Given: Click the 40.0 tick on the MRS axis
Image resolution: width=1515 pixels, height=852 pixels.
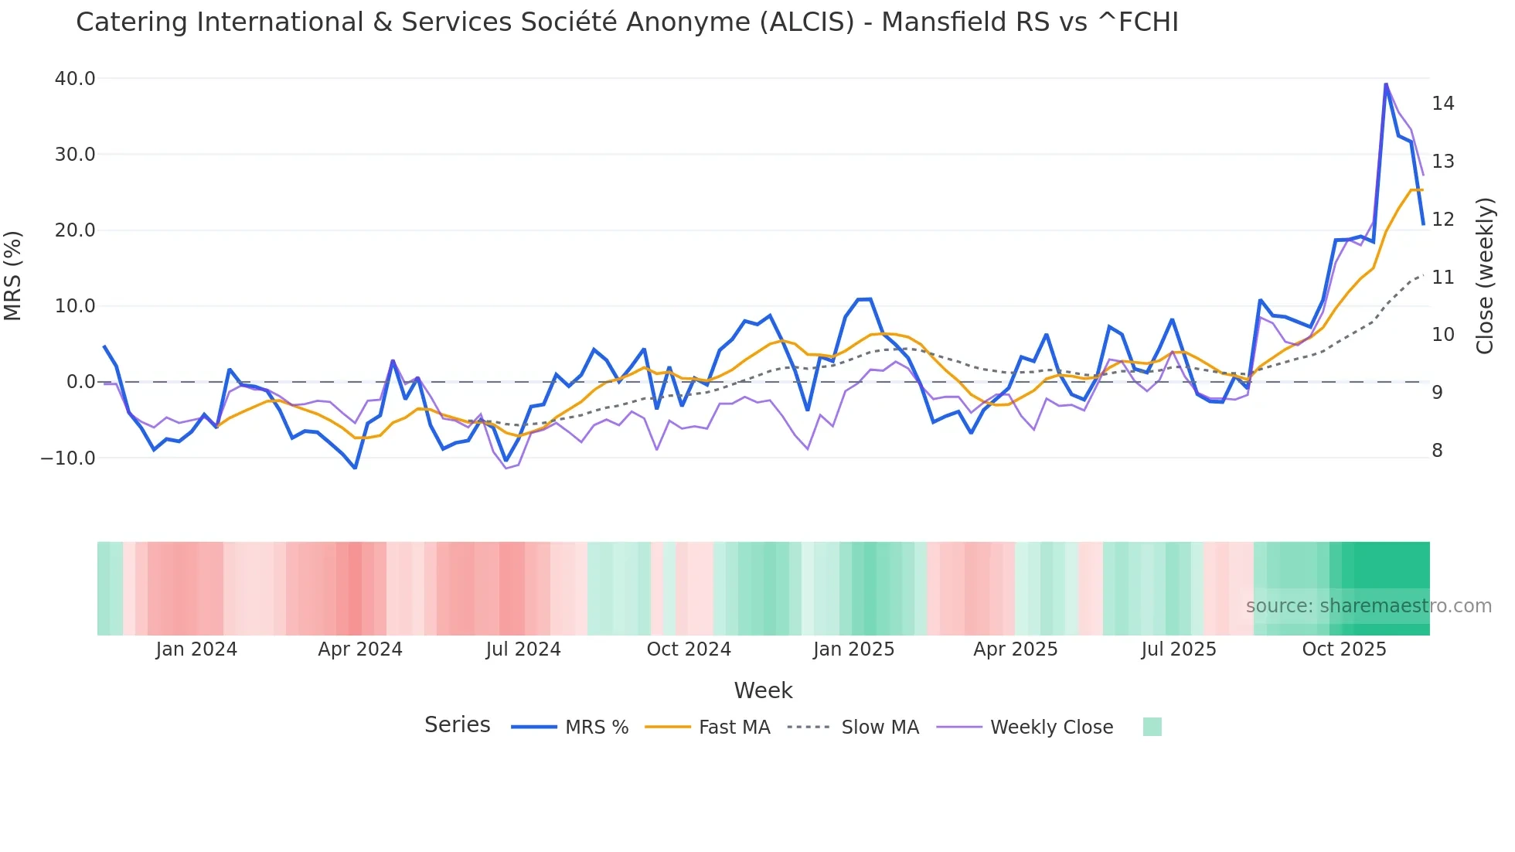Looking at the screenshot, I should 74,79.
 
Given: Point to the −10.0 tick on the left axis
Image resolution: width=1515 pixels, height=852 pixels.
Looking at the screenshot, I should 68,458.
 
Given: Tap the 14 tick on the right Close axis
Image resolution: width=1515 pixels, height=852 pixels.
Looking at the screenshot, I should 1443,104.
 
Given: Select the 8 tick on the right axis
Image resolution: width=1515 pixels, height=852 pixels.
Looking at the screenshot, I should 1438,451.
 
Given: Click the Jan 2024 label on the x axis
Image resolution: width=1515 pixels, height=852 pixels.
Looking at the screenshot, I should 196,649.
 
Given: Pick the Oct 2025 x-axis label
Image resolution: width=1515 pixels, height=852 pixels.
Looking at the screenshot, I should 1344,649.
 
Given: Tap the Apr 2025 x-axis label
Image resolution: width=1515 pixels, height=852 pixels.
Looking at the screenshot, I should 1015,649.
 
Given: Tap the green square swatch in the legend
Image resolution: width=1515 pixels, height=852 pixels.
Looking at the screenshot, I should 1152,727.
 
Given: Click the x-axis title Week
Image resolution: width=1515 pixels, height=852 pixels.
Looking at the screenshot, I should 763,690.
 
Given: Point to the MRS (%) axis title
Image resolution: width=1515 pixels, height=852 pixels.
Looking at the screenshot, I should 13,275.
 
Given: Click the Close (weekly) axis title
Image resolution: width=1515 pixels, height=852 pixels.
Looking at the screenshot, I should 1485,275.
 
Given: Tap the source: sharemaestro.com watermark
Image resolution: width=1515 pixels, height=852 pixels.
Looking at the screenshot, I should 1368,606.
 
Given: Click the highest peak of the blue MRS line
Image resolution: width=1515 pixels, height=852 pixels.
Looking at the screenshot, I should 1386,83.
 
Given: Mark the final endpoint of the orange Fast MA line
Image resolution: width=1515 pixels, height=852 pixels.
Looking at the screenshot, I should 1422,190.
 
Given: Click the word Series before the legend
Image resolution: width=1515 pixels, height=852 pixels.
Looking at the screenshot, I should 457,725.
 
